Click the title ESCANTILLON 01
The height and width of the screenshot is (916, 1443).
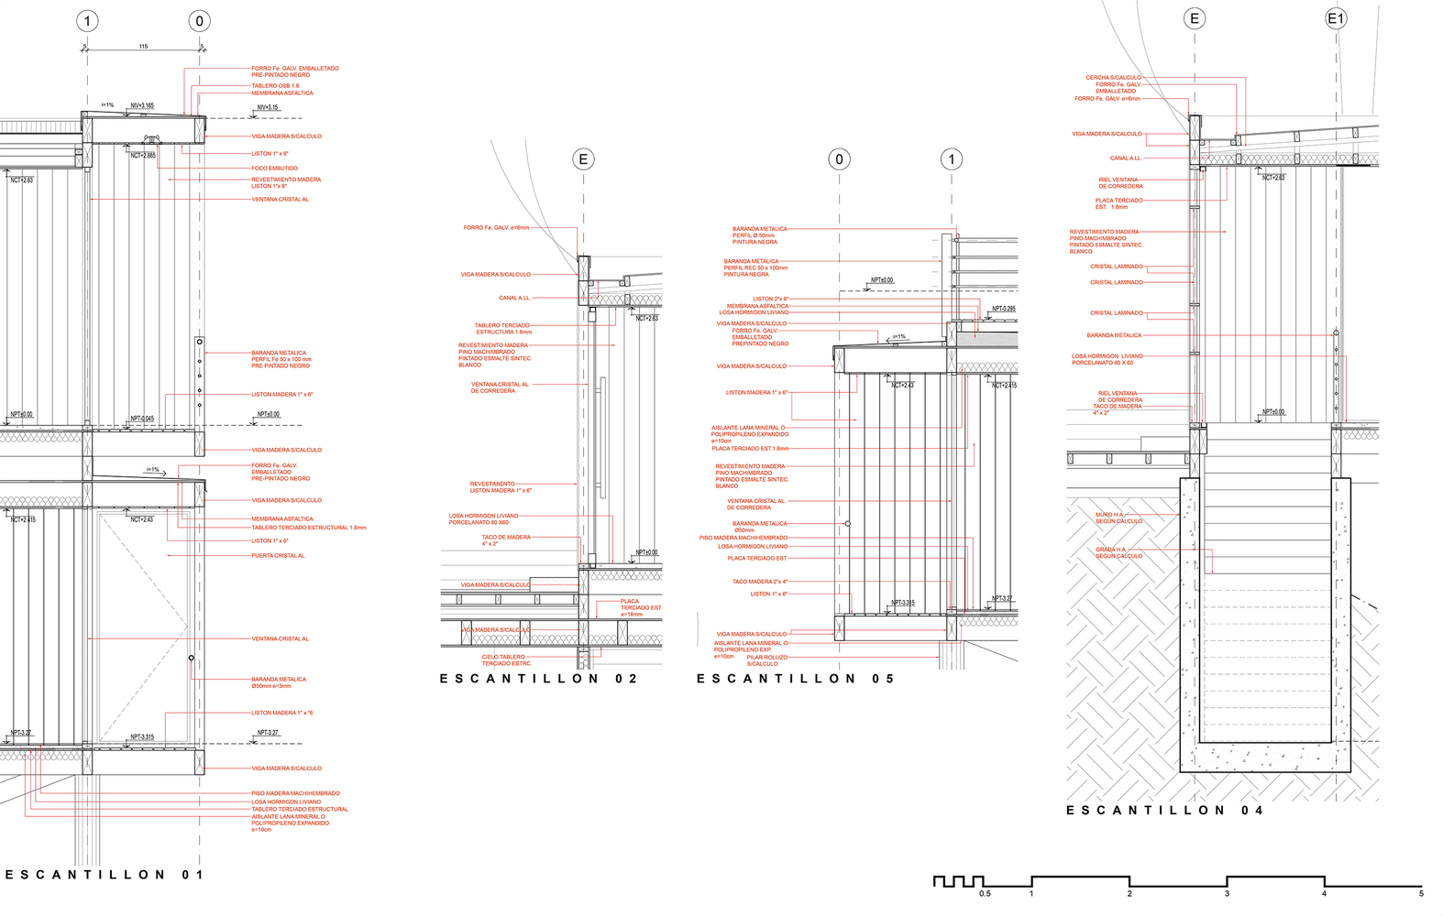[105, 875]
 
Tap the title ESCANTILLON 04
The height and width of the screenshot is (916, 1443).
[1164, 810]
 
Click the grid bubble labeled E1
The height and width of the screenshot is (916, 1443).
[1336, 18]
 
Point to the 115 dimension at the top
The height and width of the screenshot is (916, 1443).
[143, 46]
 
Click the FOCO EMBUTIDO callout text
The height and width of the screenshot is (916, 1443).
[274, 169]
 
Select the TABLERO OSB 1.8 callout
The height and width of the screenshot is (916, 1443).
[275, 86]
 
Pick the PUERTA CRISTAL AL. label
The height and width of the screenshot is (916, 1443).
[279, 555]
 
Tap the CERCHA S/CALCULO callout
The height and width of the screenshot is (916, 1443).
[1113, 78]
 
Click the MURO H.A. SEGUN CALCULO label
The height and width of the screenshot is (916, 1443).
[1118, 518]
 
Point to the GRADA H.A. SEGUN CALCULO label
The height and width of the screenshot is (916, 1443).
[1118, 553]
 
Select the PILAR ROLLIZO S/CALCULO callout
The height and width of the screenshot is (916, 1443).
[766, 660]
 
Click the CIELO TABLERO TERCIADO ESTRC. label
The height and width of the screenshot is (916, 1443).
[506, 660]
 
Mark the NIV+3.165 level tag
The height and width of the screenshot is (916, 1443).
[142, 106]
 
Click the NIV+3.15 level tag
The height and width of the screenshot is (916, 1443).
[267, 108]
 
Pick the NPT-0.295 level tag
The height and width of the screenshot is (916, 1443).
[1003, 309]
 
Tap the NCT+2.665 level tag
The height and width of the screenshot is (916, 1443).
[143, 156]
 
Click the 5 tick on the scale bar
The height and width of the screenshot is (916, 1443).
[1421, 893]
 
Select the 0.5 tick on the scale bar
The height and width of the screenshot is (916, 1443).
[985, 893]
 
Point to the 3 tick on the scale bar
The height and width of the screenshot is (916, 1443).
[1227, 893]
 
